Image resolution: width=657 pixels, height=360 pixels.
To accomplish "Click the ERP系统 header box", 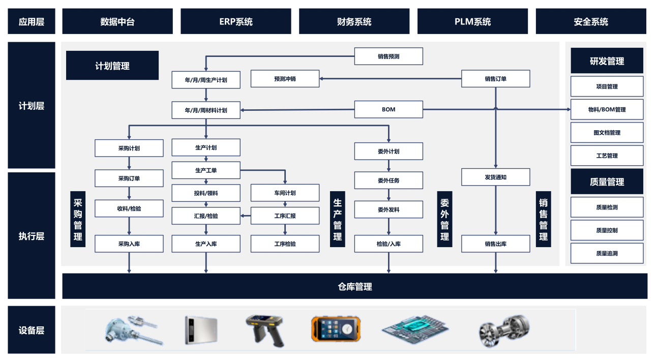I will click(x=236, y=21).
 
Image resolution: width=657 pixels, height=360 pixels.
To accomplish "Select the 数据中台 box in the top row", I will click(x=117, y=21).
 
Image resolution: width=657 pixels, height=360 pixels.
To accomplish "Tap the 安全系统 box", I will click(x=591, y=21).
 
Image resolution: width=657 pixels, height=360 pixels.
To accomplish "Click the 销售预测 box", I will click(x=389, y=56).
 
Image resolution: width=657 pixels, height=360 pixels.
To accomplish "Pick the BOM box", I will click(x=389, y=109).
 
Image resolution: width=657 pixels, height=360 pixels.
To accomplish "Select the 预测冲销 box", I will click(x=285, y=79).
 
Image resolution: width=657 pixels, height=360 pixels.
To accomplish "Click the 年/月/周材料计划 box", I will click(x=206, y=110).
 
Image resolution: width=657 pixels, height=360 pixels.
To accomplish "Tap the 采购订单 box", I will click(x=129, y=178).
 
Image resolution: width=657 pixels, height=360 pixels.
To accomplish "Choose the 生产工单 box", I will click(x=206, y=170).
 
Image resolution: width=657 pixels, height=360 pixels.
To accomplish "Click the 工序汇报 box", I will click(x=285, y=216).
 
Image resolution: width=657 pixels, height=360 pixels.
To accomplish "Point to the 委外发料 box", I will click(x=389, y=209).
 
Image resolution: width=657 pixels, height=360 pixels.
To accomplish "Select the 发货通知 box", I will click(x=496, y=177).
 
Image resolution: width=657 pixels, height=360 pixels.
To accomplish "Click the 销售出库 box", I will click(x=496, y=244).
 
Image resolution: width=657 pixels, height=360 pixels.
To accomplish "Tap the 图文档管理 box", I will click(x=607, y=133).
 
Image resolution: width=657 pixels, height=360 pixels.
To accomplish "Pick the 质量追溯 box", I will click(x=607, y=253).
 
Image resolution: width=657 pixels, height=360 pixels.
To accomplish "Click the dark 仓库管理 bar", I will click(x=355, y=286).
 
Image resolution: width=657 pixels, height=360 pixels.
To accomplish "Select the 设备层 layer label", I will click(x=32, y=330).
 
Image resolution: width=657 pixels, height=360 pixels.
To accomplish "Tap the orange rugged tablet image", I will click(x=336, y=329).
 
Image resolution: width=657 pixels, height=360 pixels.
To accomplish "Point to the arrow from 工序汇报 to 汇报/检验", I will click(x=246, y=216).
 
